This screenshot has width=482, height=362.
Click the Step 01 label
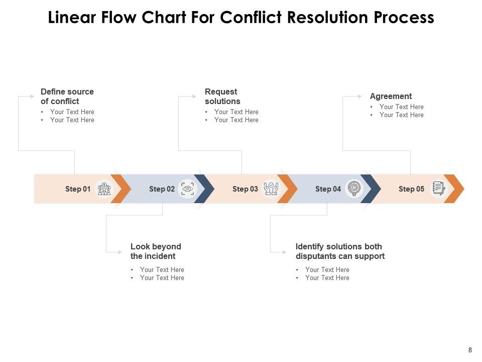coord(78,189)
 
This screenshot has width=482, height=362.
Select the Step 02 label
coord(162,189)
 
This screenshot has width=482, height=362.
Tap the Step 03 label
coord(245,189)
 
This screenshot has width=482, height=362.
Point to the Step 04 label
coord(328,189)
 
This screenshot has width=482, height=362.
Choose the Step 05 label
coord(411,189)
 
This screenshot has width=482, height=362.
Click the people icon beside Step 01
coord(104,189)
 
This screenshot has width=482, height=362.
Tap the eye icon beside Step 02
coord(187,189)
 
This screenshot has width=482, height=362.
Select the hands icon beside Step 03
coord(271,189)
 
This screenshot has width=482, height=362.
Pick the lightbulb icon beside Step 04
coord(354,189)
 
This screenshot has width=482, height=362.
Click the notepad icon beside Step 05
coord(438,189)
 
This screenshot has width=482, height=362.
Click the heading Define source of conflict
coord(67,96)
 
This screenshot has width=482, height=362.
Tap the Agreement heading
coord(391,96)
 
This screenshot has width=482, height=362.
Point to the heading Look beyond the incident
coord(156,251)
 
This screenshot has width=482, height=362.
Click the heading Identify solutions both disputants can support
coord(340,251)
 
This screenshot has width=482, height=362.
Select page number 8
coord(470,350)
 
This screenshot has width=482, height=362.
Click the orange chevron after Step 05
coord(454,189)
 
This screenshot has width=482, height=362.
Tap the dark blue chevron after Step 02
coord(204,189)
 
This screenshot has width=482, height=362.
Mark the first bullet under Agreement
coord(401,107)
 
